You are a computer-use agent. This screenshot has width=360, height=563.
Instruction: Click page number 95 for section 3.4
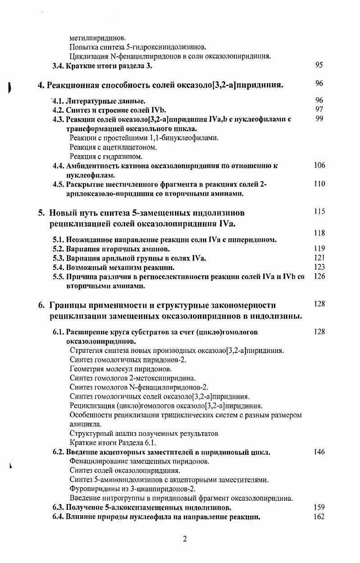click(319, 65)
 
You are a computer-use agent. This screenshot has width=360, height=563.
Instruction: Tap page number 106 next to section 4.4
click(319, 165)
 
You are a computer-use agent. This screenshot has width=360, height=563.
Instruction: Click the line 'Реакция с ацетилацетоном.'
click(113, 147)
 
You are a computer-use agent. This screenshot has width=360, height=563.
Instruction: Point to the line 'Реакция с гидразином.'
click(106, 156)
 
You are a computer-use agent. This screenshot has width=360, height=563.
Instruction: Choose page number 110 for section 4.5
click(319, 184)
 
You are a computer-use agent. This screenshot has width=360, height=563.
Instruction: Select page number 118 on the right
click(319, 233)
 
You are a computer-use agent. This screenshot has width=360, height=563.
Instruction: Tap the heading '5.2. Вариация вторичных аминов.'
click(111, 248)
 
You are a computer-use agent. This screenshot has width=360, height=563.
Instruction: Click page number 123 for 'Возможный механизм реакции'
click(319, 267)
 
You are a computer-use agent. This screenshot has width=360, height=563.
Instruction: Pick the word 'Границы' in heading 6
click(69, 305)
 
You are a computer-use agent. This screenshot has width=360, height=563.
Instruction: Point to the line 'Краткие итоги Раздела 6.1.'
click(107, 442)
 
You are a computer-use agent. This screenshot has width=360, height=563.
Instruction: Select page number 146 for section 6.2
click(319, 452)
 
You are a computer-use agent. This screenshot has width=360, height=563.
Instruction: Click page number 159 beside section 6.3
click(319, 508)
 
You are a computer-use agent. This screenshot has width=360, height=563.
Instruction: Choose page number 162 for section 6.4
click(319, 517)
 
